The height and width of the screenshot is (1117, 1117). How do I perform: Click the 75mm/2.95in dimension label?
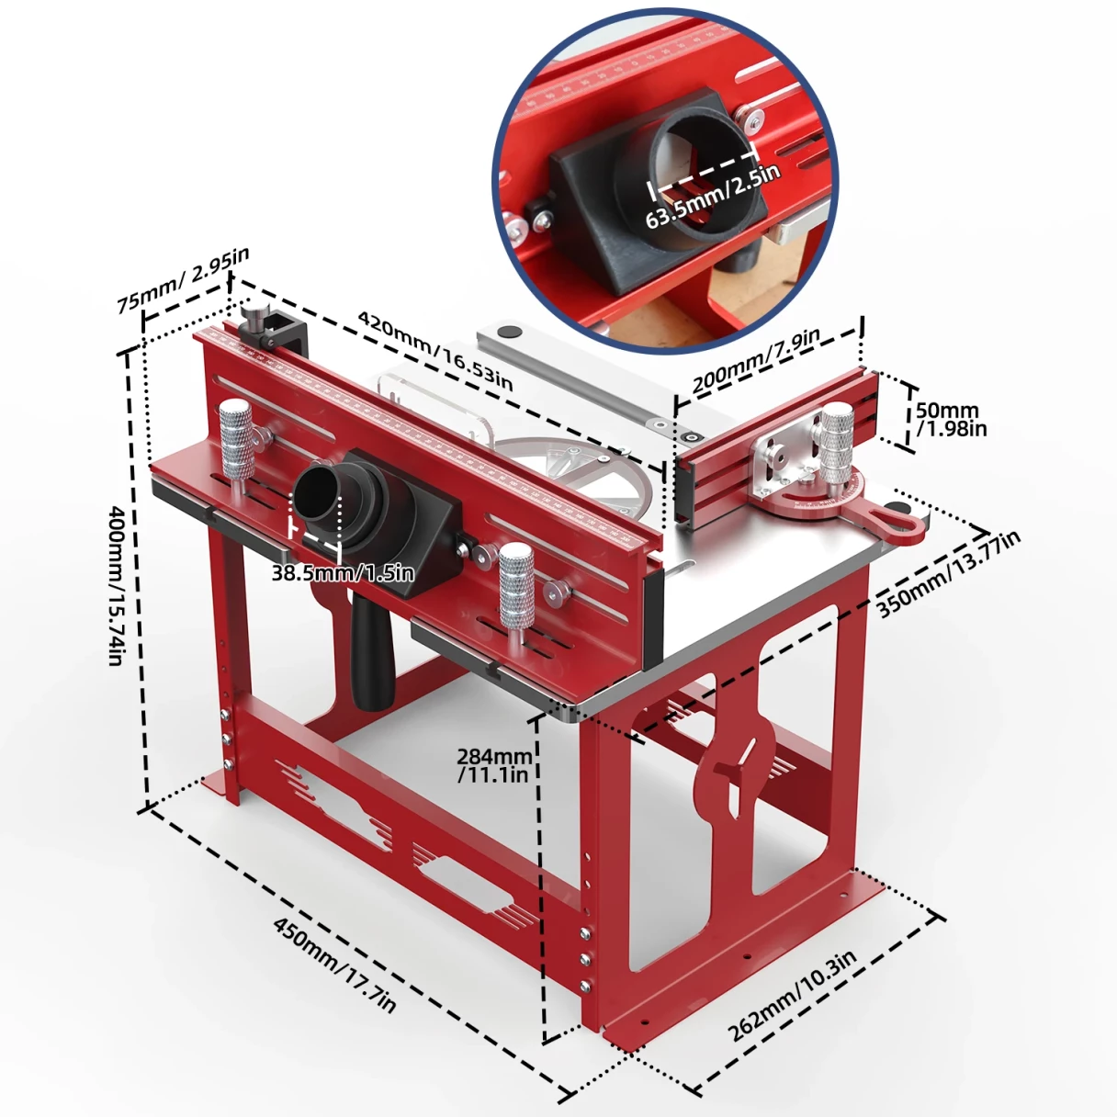click(182, 279)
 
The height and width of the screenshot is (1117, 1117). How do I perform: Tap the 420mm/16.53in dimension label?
click(434, 349)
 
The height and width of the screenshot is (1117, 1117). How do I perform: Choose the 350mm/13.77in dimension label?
click(947, 573)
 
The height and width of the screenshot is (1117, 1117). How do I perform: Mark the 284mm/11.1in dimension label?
click(495, 764)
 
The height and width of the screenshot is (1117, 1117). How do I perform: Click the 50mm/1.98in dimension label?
click(950, 419)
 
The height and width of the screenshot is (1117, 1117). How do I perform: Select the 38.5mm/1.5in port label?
click(343, 573)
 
